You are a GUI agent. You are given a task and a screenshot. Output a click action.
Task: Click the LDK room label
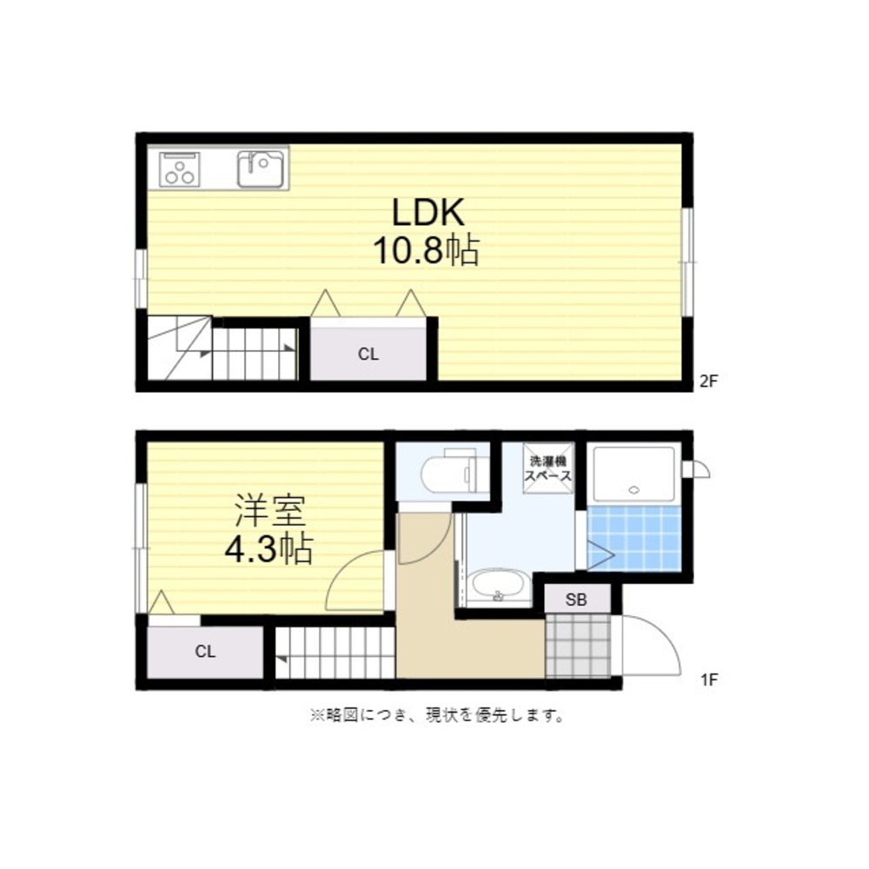point(428,212)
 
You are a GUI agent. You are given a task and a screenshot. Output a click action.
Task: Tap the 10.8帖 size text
point(426,250)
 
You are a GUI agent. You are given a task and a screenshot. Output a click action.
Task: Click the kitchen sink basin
point(261,169)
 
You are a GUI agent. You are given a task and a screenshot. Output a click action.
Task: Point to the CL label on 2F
point(368,355)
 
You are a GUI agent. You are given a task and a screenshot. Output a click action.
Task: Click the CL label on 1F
point(205,651)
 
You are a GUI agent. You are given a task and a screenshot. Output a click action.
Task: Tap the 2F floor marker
point(708,381)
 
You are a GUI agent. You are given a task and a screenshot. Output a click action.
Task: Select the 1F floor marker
point(709,680)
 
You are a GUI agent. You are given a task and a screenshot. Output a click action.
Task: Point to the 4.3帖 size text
point(269,548)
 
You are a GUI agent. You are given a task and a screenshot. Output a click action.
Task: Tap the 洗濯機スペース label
point(547,468)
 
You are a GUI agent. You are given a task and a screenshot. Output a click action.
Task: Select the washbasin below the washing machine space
point(499,588)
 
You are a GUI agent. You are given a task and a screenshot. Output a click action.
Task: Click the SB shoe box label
point(576,599)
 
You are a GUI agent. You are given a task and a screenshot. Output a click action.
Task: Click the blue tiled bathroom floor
point(634,538)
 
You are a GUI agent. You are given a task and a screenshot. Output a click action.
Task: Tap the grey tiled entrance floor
point(578,645)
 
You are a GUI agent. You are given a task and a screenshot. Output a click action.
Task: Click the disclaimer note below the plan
point(437,715)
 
